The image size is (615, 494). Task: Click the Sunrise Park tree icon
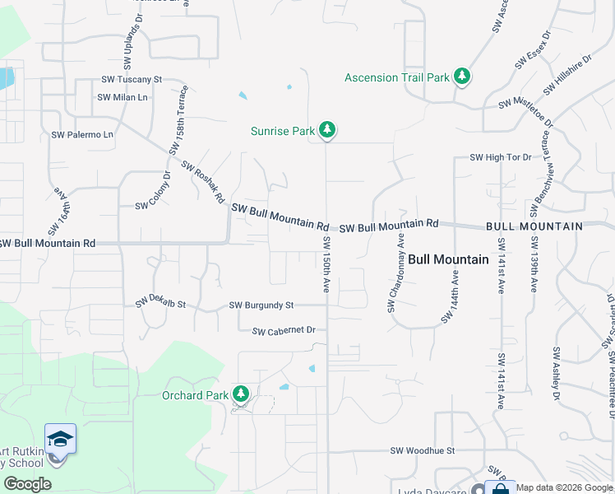(327, 129)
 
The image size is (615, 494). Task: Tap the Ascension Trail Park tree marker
(463, 77)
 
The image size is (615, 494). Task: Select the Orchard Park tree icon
(241, 394)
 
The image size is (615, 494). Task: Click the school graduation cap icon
(60, 439)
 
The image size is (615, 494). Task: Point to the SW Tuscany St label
(132, 80)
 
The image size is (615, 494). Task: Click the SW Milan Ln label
(123, 97)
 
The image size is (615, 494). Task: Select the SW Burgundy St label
(261, 305)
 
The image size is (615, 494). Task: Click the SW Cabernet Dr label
(284, 331)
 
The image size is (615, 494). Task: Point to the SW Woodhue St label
(422, 451)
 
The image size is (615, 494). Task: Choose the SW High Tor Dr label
(501, 157)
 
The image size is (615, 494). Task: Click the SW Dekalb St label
(161, 302)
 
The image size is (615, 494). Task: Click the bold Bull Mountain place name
(448, 259)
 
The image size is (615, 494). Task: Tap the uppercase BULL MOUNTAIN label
(534, 226)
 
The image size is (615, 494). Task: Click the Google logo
(27, 484)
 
